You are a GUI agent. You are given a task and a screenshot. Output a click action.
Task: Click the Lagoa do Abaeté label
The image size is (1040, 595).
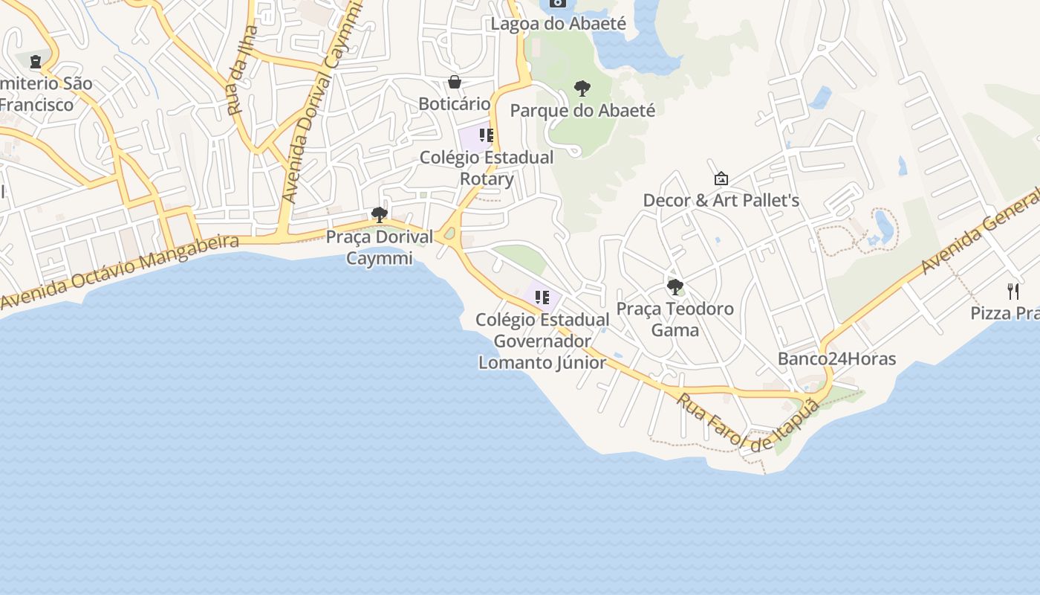[558, 24]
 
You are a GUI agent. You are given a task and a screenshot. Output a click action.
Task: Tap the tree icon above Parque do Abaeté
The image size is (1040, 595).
[582, 89]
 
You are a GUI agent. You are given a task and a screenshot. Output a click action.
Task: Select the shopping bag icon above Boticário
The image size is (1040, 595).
[455, 81]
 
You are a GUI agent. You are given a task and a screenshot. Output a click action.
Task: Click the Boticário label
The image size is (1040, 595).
[455, 103]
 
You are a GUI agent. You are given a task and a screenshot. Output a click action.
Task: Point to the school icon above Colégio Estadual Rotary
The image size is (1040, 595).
[487, 135]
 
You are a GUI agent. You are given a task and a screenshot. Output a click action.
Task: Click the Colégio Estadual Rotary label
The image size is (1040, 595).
[487, 168]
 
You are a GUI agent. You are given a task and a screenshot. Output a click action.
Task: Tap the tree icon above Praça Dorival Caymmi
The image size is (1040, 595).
[380, 215]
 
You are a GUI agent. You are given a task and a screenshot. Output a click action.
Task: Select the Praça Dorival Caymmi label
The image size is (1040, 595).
[380, 248]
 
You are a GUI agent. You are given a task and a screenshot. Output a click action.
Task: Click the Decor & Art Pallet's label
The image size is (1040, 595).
[721, 200]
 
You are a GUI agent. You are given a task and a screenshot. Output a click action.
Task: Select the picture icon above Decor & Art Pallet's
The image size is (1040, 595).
[721, 178]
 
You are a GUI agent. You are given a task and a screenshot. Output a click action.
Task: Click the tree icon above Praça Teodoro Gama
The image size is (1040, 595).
[675, 286]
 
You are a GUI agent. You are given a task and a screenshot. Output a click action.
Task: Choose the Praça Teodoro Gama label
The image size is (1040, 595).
[675, 319]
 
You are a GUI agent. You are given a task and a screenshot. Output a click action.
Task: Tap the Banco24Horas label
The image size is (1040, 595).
[836, 359]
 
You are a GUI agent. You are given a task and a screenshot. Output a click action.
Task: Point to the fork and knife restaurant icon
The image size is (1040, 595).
[1012, 291]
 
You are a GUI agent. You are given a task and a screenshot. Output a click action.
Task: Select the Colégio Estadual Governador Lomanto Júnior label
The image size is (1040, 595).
[542, 341]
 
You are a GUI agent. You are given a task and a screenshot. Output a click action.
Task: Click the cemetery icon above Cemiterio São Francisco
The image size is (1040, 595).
[35, 61]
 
